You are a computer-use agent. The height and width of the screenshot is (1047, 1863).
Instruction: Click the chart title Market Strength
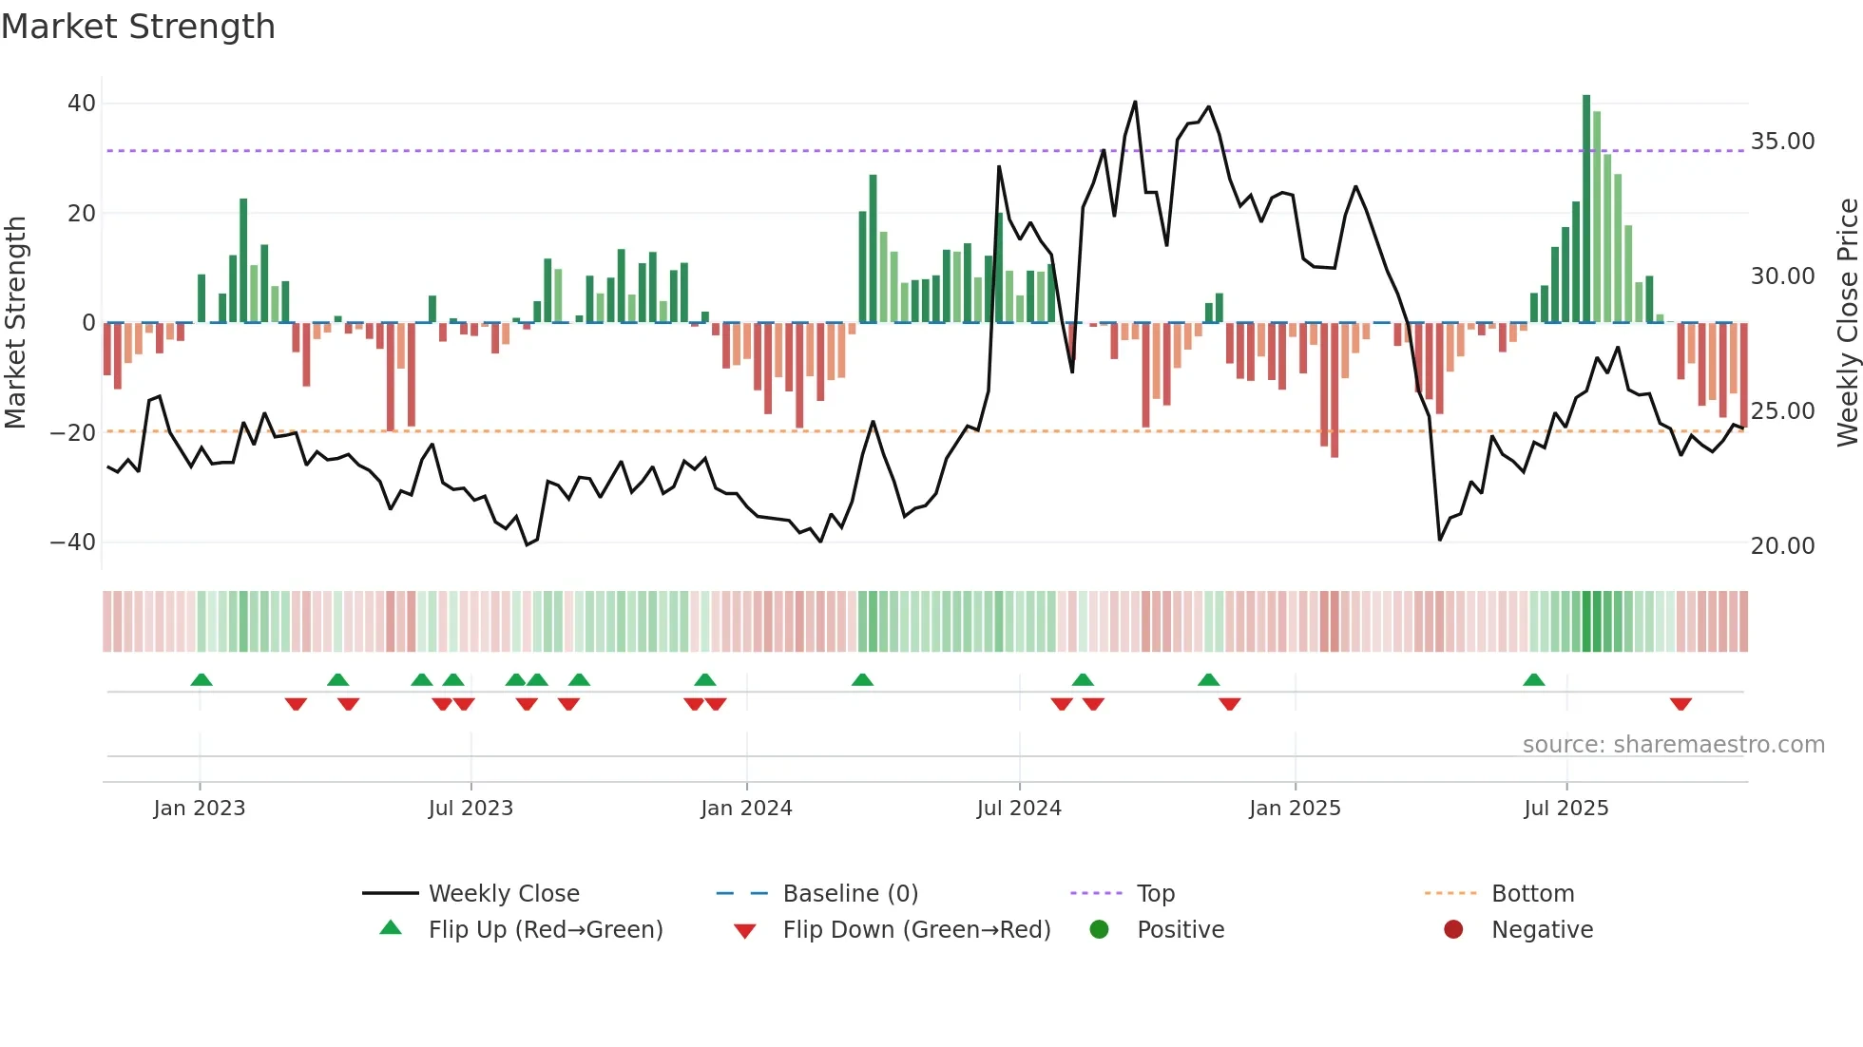pos(139,27)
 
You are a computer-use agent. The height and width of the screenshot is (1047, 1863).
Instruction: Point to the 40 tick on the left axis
pos(82,103)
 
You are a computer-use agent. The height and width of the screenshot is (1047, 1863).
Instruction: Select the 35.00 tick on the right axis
pos(1782,142)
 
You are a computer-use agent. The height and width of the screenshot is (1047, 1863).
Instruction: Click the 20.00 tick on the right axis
pos(1782,546)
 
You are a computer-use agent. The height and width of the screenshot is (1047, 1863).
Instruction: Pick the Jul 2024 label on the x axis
pos(1019,809)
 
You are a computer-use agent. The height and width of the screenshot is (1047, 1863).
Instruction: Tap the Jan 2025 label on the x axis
pos(1295,809)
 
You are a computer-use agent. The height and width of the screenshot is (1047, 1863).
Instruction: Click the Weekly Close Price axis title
pos(1847,322)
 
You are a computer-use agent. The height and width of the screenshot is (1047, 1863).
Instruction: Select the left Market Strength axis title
pos(16,322)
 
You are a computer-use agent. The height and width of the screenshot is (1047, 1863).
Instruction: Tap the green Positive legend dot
pos(1100,930)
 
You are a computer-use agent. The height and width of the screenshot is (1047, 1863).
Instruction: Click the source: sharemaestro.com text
pos(1673,745)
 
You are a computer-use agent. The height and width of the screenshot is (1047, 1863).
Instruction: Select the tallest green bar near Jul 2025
pos(1586,209)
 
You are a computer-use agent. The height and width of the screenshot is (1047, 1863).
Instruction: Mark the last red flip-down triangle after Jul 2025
pos(1681,704)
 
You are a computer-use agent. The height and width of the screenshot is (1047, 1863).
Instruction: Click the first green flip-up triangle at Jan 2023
pos(202,679)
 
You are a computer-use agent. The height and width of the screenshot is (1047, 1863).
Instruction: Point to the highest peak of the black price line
pos(1135,103)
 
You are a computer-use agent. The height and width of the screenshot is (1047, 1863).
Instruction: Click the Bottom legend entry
pos(1532,894)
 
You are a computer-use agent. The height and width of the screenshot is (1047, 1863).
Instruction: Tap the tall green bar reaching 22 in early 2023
pos(243,261)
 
